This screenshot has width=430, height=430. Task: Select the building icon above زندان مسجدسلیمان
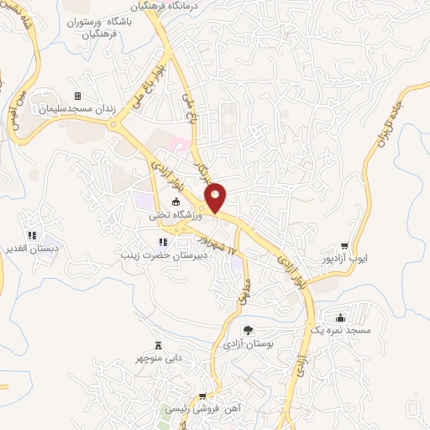coord(78,96)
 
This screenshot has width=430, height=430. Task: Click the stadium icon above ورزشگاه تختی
coord(176,202)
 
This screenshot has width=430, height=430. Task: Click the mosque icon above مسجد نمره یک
coord(339,318)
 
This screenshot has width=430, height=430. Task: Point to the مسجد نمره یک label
coord(340,332)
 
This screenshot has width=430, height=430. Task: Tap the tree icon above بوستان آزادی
coord(248,329)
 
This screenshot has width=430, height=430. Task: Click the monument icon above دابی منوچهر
coord(158,345)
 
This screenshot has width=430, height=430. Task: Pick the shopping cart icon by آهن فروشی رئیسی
coord(202,396)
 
